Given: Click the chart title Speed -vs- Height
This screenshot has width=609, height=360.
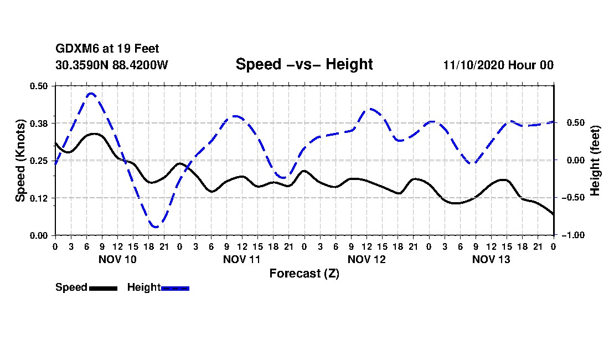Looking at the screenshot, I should (x=304, y=64).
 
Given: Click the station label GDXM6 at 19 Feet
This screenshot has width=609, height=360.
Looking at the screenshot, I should (x=107, y=49).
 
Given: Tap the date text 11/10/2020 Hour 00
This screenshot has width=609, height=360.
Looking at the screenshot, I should (x=498, y=65).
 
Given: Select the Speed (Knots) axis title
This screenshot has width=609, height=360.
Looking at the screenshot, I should (x=20, y=160).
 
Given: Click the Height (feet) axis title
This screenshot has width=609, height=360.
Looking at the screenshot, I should (x=595, y=160).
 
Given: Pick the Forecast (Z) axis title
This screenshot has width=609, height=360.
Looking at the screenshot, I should (x=304, y=273).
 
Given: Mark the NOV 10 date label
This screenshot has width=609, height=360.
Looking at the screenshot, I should (x=117, y=259).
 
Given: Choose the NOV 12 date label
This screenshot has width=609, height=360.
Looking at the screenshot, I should (x=367, y=259).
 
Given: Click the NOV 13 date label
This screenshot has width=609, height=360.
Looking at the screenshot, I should (x=491, y=259).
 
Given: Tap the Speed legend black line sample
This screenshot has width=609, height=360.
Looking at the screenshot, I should (x=103, y=287).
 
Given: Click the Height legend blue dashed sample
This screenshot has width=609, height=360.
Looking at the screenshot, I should (x=175, y=287).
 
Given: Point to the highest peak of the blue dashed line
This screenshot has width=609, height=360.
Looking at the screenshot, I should (x=91, y=94).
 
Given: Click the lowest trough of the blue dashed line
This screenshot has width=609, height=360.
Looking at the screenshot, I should (x=156, y=227).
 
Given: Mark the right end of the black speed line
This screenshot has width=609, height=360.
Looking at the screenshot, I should (x=554, y=214).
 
